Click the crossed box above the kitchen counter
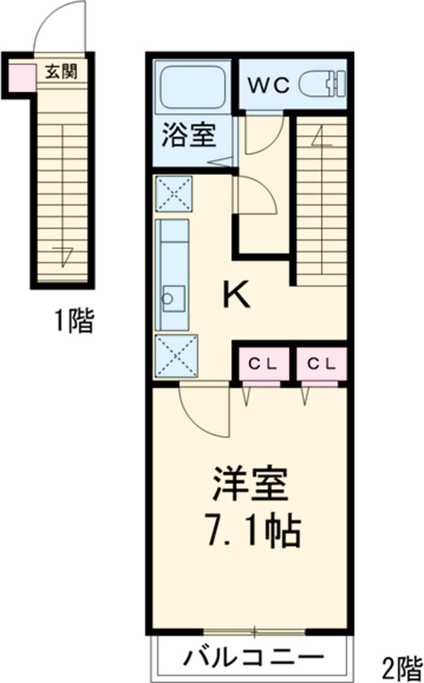(x=173, y=193)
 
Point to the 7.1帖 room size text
(x=250, y=531)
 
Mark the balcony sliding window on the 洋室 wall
(x=250, y=629)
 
